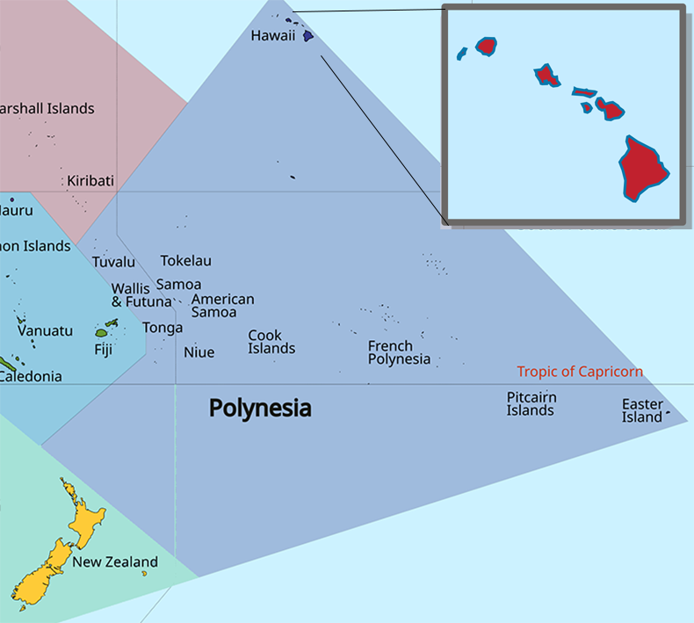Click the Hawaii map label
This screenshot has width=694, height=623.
pos(272,36)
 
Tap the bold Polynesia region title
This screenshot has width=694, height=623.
pos(260,409)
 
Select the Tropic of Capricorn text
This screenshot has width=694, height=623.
pos(580,372)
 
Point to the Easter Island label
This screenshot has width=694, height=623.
pos(642,410)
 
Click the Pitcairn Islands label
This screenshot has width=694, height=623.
pos(531,404)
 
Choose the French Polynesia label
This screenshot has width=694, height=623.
pos(399,352)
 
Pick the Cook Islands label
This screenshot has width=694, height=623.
pos(271,342)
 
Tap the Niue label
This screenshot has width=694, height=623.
pos(199,352)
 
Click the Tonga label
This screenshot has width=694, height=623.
pos(163,328)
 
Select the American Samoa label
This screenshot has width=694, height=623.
pos(222,306)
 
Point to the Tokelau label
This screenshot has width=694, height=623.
pos(185,261)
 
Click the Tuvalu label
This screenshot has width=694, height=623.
pos(114,262)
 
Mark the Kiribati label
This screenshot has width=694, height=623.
pos(90,181)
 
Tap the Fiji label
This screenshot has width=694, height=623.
pos(104,349)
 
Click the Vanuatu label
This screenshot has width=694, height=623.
pos(45,331)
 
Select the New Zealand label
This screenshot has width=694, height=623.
pos(115,562)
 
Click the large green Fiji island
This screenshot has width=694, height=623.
pos(101,333)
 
